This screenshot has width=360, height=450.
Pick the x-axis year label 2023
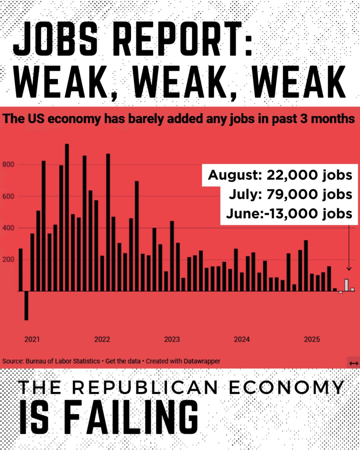[x=172, y=339]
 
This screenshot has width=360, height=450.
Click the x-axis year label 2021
[x=32, y=339]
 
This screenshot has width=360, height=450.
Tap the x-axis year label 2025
[x=312, y=339]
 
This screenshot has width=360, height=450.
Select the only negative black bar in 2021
[x=26, y=305]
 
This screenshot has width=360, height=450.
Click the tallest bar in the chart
[x=67, y=218]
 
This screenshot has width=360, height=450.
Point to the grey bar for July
[x=346, y=285]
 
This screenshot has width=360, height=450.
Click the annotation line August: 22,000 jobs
[x=280, y=175]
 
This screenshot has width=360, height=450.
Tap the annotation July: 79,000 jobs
[x=290, y=194]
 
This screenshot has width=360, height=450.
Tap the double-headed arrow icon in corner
[x=353, y=363]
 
